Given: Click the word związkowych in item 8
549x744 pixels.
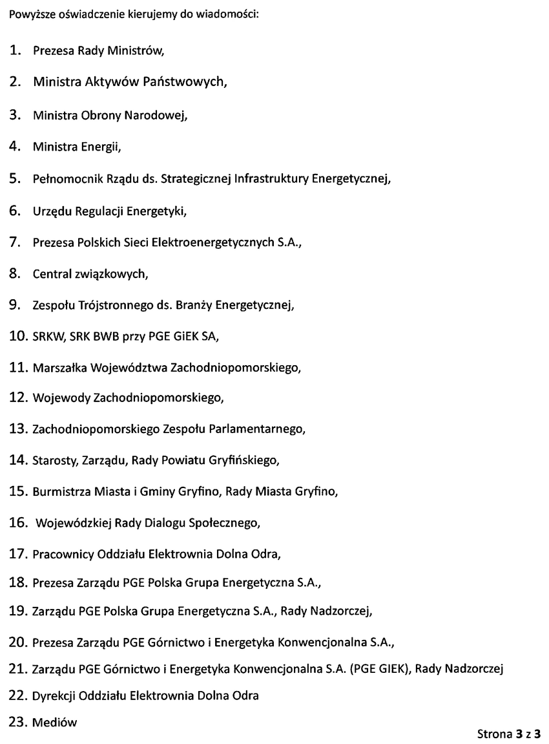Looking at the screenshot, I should tap(116, 274).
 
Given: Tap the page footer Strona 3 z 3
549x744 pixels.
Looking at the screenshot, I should tap(508, 734).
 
